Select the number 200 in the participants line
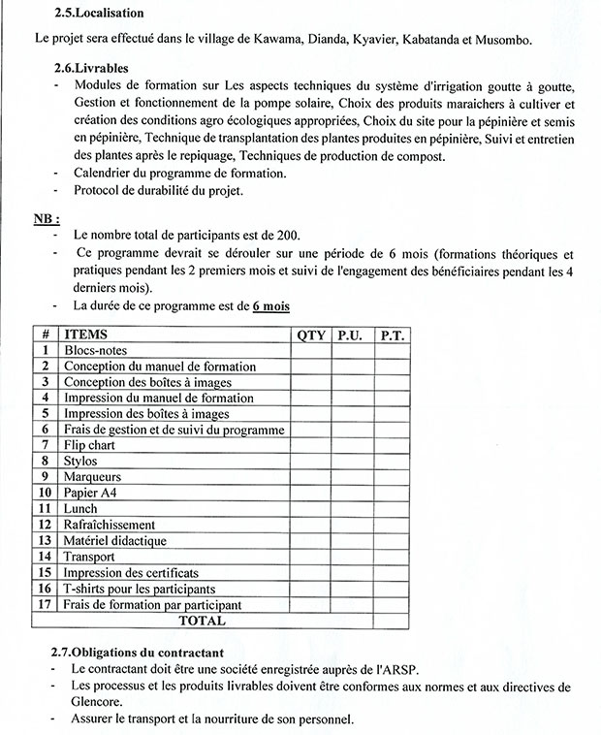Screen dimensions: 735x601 pyautogui.click(x=285, y=236)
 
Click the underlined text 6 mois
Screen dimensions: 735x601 pyautogui.click(x=270, y=306)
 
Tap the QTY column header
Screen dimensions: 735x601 pyautogui.click(x=311, y=335)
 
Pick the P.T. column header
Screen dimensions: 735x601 pyautogui.click(x=392, y=335)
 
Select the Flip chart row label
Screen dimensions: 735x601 pyautogui.click(x=89, y=445)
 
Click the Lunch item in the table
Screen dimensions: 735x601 pyautogui.click(x=81, y=508)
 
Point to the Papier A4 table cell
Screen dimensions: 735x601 pyautogui.click(x=90, y=493)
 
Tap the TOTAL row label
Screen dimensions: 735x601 pyautogui.click(x=203, y=621)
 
